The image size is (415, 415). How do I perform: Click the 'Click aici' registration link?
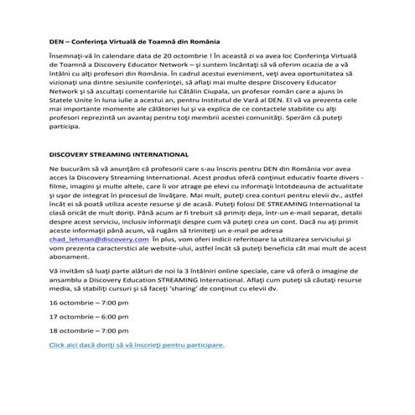(x=136, y=344)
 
